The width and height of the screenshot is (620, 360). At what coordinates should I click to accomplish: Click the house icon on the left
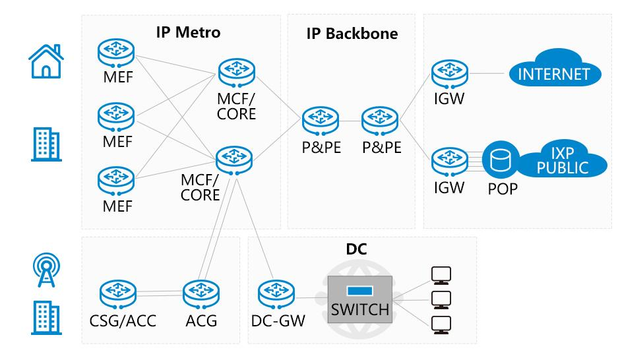click(x=46, y=61)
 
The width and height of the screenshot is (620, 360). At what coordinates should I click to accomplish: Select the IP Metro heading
click(x=188, y=32)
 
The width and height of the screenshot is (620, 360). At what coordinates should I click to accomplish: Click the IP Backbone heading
click(x=352, y=32)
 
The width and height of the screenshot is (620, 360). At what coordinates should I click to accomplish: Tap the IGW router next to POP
click(x=449, y=160)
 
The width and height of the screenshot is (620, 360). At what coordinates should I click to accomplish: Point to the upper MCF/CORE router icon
click(x=237, y=71)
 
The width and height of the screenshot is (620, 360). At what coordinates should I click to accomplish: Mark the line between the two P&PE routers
click(x=350, y=121)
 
